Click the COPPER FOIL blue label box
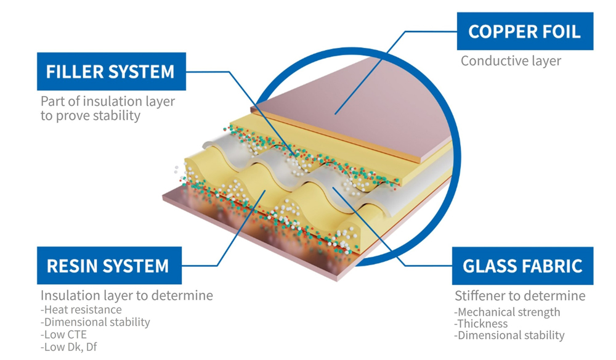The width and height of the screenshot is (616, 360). click(524, 31)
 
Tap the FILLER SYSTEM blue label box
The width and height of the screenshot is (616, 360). click(110, 72)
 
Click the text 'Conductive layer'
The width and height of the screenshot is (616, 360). click(511, 61)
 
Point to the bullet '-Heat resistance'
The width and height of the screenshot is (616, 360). click(81, 309)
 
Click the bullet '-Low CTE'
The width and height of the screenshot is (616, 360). click(63, 335)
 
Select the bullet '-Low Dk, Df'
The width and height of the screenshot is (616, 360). click(68, 347)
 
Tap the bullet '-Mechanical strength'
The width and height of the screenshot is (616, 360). click(507, 312)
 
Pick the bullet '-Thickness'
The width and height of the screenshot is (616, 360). click(481, 324)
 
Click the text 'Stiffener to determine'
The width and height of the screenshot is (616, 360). click(520, 296)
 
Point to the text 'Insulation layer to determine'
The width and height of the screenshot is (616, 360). click(127, 296)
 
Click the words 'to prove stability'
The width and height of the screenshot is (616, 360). click(91, 115)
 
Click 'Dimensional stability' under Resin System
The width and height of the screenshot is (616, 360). click(95, 322)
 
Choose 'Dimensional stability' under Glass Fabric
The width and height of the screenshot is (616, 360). click(509, 335)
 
